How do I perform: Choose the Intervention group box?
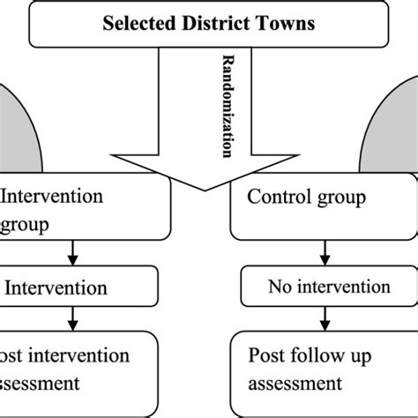click(x=84, y=210)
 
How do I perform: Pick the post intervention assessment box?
click(x=79, y=370)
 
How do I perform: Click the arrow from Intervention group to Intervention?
click(x=71, y=254)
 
